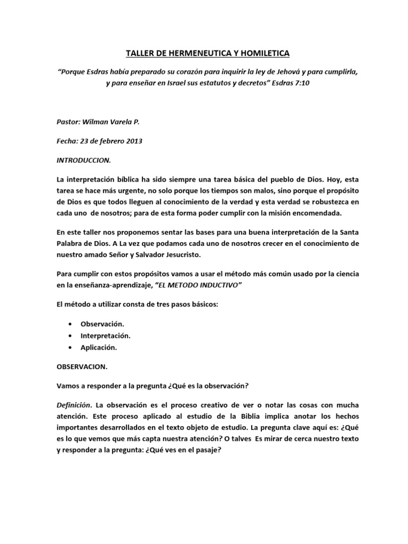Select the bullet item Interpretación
click(x=105, y=335)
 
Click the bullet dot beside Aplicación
click(x=71, y=347)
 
